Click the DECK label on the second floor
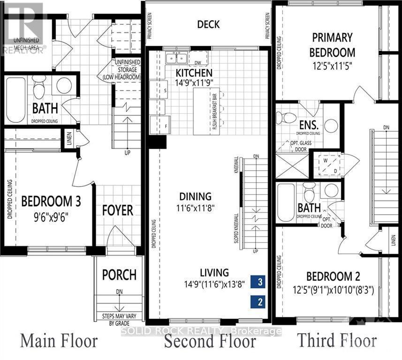tap(208, 24)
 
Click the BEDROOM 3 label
tap(52, 202)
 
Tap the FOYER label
tap(118, 210)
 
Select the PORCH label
tap(119, 274)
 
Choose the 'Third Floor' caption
tap(338, 341)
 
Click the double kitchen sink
tap(177, 58)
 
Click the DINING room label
tap(195, 196)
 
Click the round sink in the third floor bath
tap(332, 190)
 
